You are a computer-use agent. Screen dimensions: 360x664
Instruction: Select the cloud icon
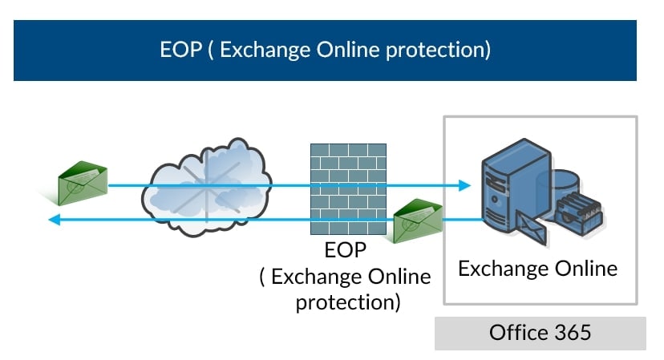point(205,188)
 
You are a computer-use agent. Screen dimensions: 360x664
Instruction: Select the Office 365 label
point(540,332)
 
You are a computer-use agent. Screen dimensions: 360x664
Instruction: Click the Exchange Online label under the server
point(537,268)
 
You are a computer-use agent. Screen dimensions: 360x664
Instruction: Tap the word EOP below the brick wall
point(346,250)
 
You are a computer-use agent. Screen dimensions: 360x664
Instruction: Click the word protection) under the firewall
point(347,303)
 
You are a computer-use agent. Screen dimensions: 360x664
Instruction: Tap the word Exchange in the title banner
point(264,50)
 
